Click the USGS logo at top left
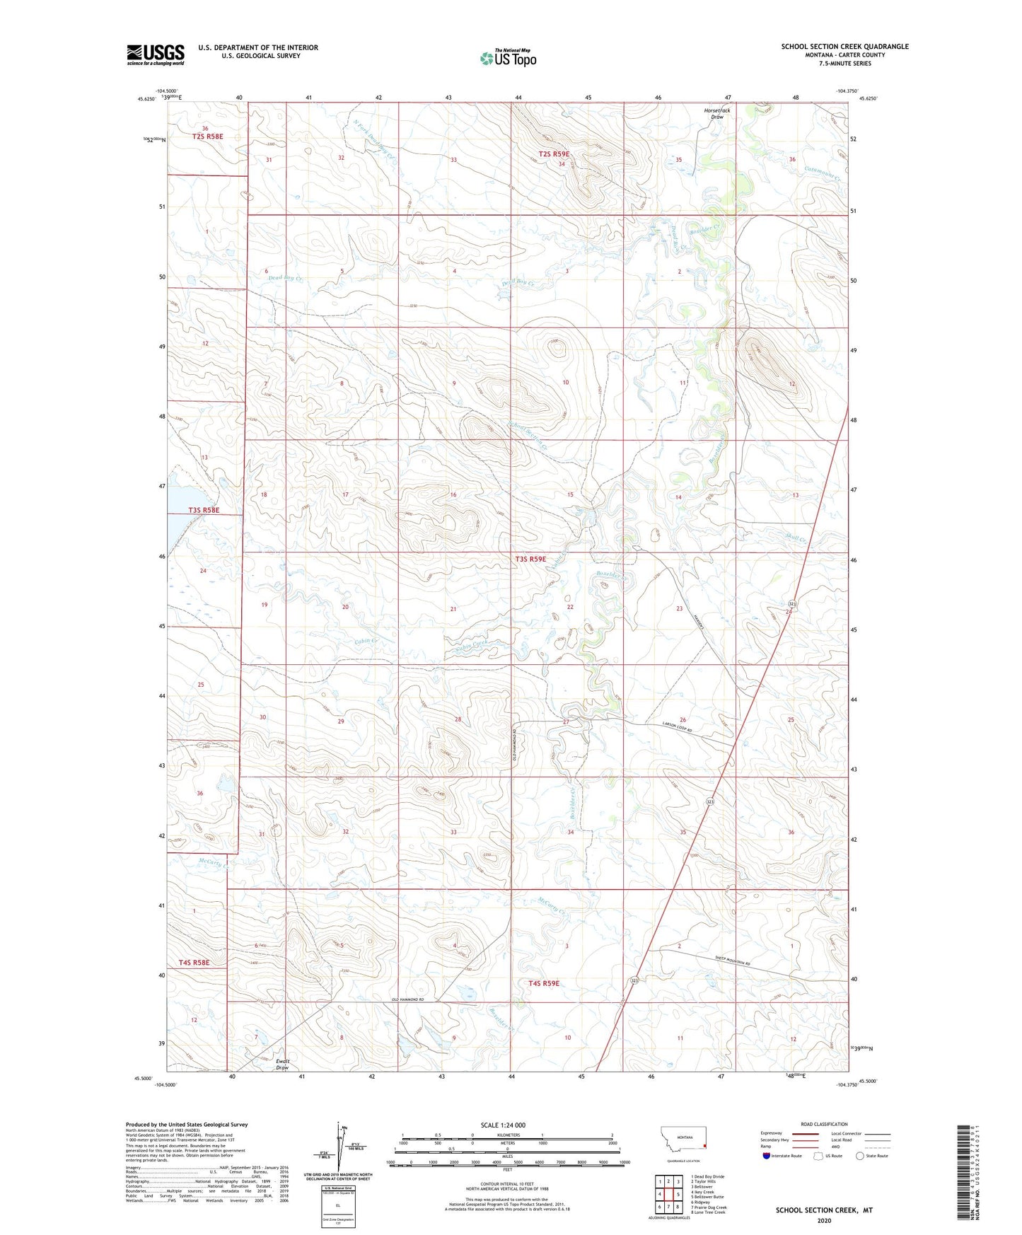[x=155, y=54]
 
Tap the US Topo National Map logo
[x=508, y=57]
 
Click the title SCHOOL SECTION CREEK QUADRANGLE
[x=844, y=47]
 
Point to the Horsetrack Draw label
[x=716, y=113]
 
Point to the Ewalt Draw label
[x=283, y=1065]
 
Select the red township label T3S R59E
[x=530, y=559]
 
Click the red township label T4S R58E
[x=194, y=962]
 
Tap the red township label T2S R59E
[x=553, y=153]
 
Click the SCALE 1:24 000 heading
[x=502, y=1125]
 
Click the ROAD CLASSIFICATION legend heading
[x=823, y=1124]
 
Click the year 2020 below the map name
[x=824, y=1220]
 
